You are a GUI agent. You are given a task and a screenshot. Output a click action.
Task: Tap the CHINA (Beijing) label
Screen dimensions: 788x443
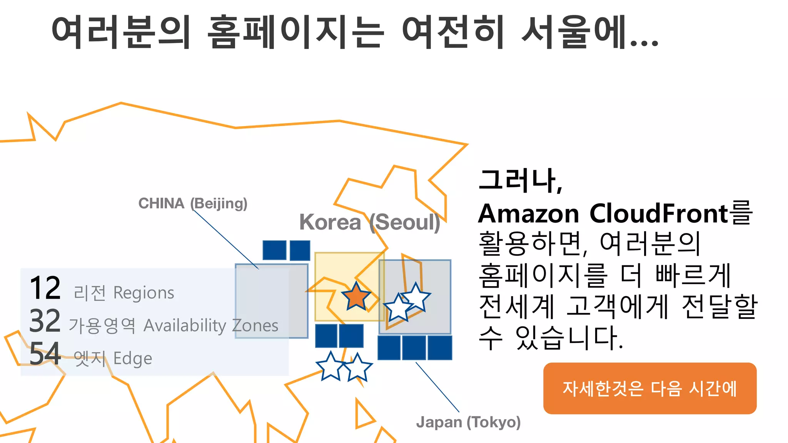tap(193, 203)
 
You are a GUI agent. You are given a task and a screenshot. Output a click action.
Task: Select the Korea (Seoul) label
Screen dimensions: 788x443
tap(370, 222)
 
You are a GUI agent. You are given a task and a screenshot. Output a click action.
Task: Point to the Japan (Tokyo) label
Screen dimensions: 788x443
tap(468, 422)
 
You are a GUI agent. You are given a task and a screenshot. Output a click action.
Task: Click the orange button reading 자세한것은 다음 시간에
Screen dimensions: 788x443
tap(649, 388)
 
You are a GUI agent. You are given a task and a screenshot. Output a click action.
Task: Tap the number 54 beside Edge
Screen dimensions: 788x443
tap(45, 354)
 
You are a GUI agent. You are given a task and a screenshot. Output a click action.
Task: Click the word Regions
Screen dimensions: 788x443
tap(144, 293)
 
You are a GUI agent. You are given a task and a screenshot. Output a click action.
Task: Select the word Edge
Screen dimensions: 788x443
tap(133, 358)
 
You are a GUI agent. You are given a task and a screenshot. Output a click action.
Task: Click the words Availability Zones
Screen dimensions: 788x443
tap(211, 326)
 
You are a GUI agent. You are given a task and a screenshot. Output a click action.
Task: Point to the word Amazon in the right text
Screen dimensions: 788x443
tap(528, 214)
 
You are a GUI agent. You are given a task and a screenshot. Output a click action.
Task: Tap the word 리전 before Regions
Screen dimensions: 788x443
tap(90, 293)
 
